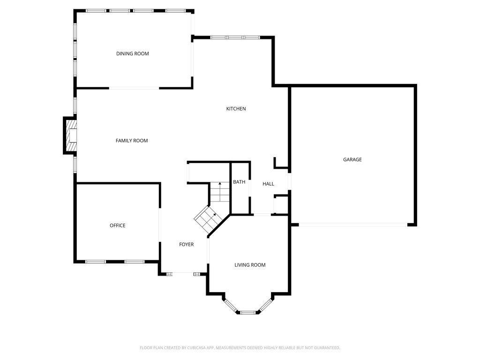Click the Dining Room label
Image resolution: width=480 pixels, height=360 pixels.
tap(133, 53)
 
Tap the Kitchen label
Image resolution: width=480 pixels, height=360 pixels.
tap(236, 109)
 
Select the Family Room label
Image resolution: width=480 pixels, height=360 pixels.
tap(132, 141)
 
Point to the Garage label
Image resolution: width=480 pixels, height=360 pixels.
tap(352, 159)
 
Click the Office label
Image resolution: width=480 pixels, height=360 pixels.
tap(118, 225)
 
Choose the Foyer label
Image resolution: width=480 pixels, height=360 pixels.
tap(187, 244)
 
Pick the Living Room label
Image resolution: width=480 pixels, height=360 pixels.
tap(250, 265)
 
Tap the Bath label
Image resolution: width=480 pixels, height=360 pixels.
tap(239, 182)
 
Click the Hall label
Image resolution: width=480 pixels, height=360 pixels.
tap(268, 184)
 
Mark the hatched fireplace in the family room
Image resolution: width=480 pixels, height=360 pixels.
tap(70, 136)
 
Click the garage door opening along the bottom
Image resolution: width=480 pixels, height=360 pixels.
tap(352, 225)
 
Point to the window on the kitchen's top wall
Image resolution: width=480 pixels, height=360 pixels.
tap(234, 37)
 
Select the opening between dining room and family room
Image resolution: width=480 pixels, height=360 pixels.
tap(134, 88)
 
